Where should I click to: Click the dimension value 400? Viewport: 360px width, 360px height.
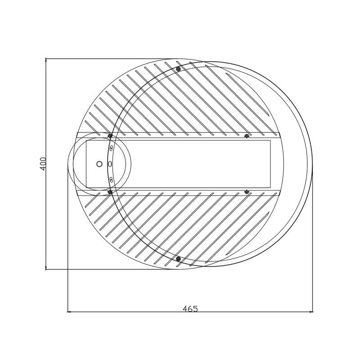point(43,163)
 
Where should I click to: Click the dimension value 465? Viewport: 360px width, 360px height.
point(190,309)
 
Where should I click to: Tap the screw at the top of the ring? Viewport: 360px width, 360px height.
point(178,69)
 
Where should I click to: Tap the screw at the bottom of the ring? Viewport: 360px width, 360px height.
point(178,259)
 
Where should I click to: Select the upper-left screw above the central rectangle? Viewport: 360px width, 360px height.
point(110,136)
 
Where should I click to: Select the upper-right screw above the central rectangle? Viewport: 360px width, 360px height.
point(247,136)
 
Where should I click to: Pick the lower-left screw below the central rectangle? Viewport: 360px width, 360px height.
point(110,192)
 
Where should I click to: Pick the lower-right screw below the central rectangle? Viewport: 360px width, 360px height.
point(247,192)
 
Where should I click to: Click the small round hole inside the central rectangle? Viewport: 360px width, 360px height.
point(99,164)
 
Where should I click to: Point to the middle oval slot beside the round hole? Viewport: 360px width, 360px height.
point(110,164)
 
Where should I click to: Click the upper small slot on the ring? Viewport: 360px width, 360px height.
point(111,148)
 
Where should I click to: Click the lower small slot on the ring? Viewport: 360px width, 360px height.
point(111,180)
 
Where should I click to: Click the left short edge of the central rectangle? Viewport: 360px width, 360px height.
point(86,164)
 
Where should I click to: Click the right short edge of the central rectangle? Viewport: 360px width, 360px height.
point(270,164)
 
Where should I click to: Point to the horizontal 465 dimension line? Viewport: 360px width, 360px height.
point(135,311)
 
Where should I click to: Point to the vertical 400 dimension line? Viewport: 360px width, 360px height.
point(46,112)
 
